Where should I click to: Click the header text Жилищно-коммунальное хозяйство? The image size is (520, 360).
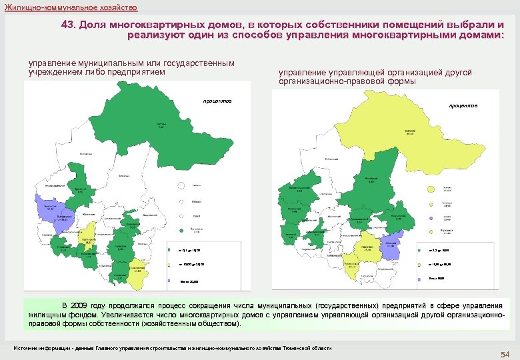point(71,7)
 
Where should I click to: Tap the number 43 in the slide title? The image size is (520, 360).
point(69,24)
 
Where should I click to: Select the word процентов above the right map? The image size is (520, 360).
point(463,105)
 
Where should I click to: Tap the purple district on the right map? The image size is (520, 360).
point(393,245)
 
